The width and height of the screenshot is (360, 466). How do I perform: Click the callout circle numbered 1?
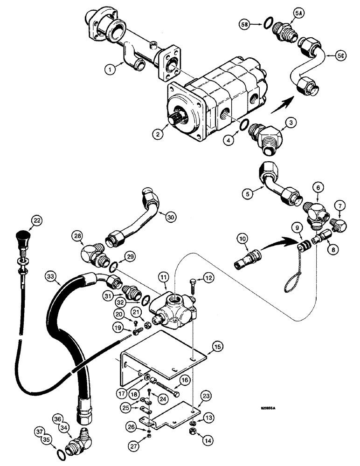[110, 69]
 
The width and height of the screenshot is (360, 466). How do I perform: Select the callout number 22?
[36, 219]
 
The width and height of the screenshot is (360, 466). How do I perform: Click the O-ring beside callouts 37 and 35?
[60, 454]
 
